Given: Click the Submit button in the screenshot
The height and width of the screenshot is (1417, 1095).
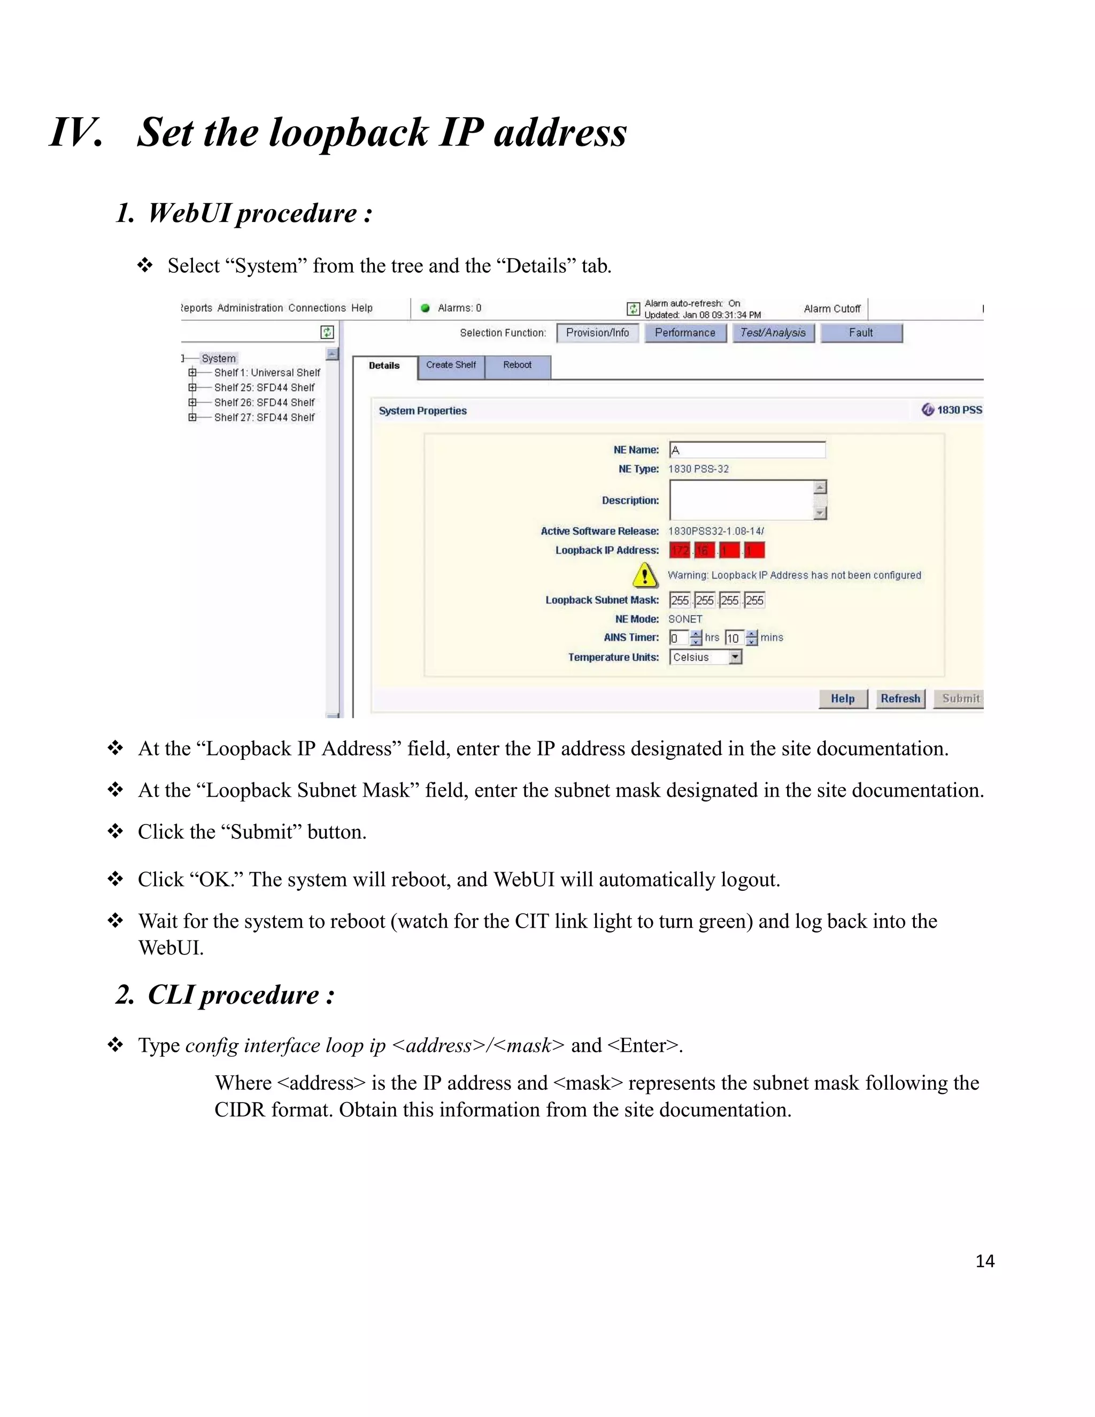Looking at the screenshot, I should pyautogui.click(x=959, y=699).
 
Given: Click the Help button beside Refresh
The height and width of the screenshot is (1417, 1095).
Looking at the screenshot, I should pyautogui.click(x=842, y=699).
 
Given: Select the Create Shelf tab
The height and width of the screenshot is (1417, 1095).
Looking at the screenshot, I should pyautogui.click(x=451, y=365).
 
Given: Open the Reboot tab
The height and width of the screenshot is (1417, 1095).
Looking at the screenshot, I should pyautogui.click(x=517, y=365).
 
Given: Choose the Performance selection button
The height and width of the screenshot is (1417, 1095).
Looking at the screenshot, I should pyautogui.click(x=684, y=333).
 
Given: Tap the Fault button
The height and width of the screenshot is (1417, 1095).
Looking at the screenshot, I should pyautogui.click(x=861, y=333).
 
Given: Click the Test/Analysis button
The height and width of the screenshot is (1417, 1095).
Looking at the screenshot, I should pyautogui.click(x=773, y=333).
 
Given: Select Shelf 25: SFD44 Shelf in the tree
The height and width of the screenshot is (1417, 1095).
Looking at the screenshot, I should pyautogui.click(x=264, y=387).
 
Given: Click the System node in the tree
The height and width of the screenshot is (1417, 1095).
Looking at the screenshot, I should pyautogui.click(x=219, y=358).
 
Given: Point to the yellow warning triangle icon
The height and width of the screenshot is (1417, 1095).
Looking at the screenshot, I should pyautogui.click(x=644, y=575).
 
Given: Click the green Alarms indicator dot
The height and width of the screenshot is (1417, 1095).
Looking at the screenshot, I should pyautogui.click(x=426, y=308).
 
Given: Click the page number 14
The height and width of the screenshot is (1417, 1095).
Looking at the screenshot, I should pyautogui.click(x=985, y=1261).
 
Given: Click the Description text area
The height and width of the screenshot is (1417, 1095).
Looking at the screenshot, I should pyautogui.click(x=742, y=499).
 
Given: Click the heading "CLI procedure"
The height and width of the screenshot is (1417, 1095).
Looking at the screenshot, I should pyautogui.click(x=234, y=995).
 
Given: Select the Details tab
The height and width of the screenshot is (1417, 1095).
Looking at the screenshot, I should pyautogui.click(x=384, y=366).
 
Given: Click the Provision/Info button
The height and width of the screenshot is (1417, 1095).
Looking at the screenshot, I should pyautogui.click(x=597, y=333).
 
